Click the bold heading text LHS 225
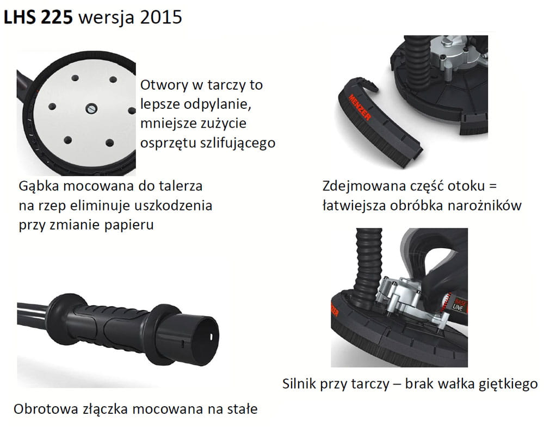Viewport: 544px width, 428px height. [38, 17]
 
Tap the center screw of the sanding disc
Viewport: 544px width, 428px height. [91, 108]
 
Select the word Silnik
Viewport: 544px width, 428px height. [299, 384]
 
